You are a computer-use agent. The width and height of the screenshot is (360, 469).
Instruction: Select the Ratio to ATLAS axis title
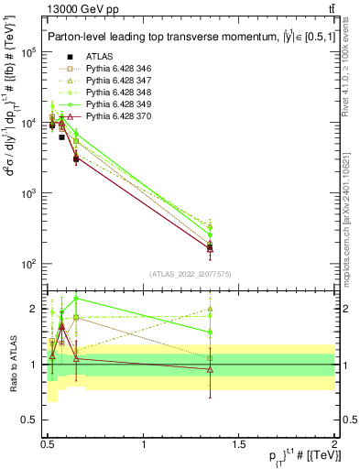click(x=13, y=365)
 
